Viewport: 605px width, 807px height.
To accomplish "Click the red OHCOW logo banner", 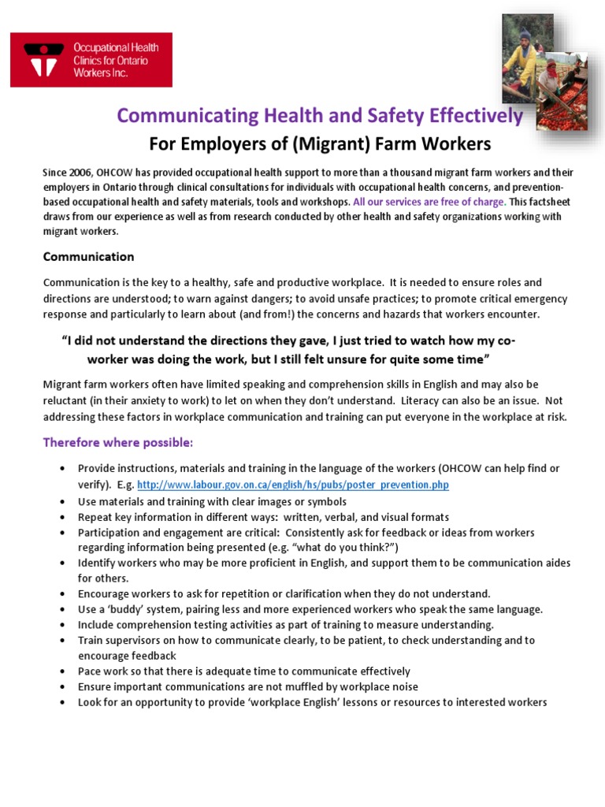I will pos(91,60).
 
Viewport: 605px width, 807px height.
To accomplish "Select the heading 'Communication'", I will pos(88,257).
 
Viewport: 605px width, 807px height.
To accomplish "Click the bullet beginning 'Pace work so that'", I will pos(243,671).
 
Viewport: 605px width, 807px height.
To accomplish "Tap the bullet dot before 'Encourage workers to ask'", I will pos(62,594).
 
